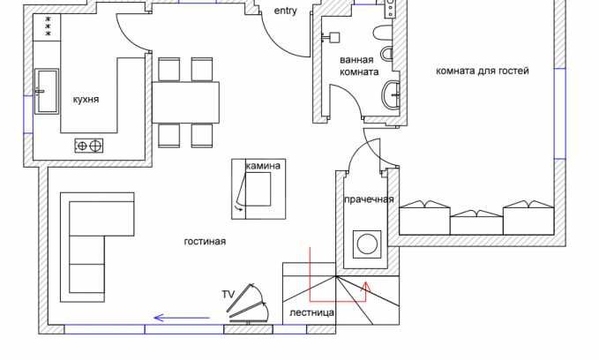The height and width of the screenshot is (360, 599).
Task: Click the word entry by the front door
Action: click(x=285, y=11)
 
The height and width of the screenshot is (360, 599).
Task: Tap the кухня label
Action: click(x=86, y=100)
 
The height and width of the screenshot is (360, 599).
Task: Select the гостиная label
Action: click(x=205, y=241)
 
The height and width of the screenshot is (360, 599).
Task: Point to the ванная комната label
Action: click(x=359, y=65)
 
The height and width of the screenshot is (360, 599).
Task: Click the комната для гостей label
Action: click(x=483, y=71)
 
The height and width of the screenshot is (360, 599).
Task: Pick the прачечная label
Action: click(x=369, y=199)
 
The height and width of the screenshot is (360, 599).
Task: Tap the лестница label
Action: click(x=311, y=312)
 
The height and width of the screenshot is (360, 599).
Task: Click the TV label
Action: click(x=228, y=295)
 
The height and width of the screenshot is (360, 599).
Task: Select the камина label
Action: click(x=263, y=166)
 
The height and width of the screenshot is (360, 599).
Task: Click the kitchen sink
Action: click(x=47, y=91)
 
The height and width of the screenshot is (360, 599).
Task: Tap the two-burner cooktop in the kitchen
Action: click(x=89, y=146)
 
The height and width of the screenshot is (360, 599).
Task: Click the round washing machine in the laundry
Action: click(x=367, y=244)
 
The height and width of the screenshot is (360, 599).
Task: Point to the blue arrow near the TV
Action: click(x=182, y=318)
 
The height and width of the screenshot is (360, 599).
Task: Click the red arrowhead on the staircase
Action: click(x=366, y=287)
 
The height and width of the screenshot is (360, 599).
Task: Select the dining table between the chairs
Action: click(x=185, y=102)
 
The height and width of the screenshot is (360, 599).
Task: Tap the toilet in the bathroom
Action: click(x=383, y=33)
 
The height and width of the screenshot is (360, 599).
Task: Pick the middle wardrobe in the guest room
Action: click(x=476, y=222)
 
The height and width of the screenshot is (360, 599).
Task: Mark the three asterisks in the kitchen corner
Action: click(x=49, y=26)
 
